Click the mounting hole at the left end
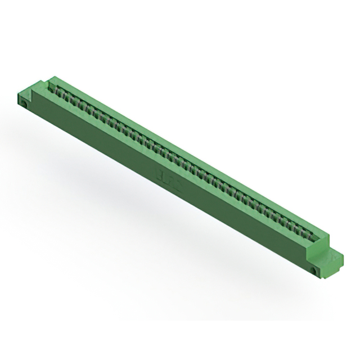(25, 103)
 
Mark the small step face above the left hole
(24, 97)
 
